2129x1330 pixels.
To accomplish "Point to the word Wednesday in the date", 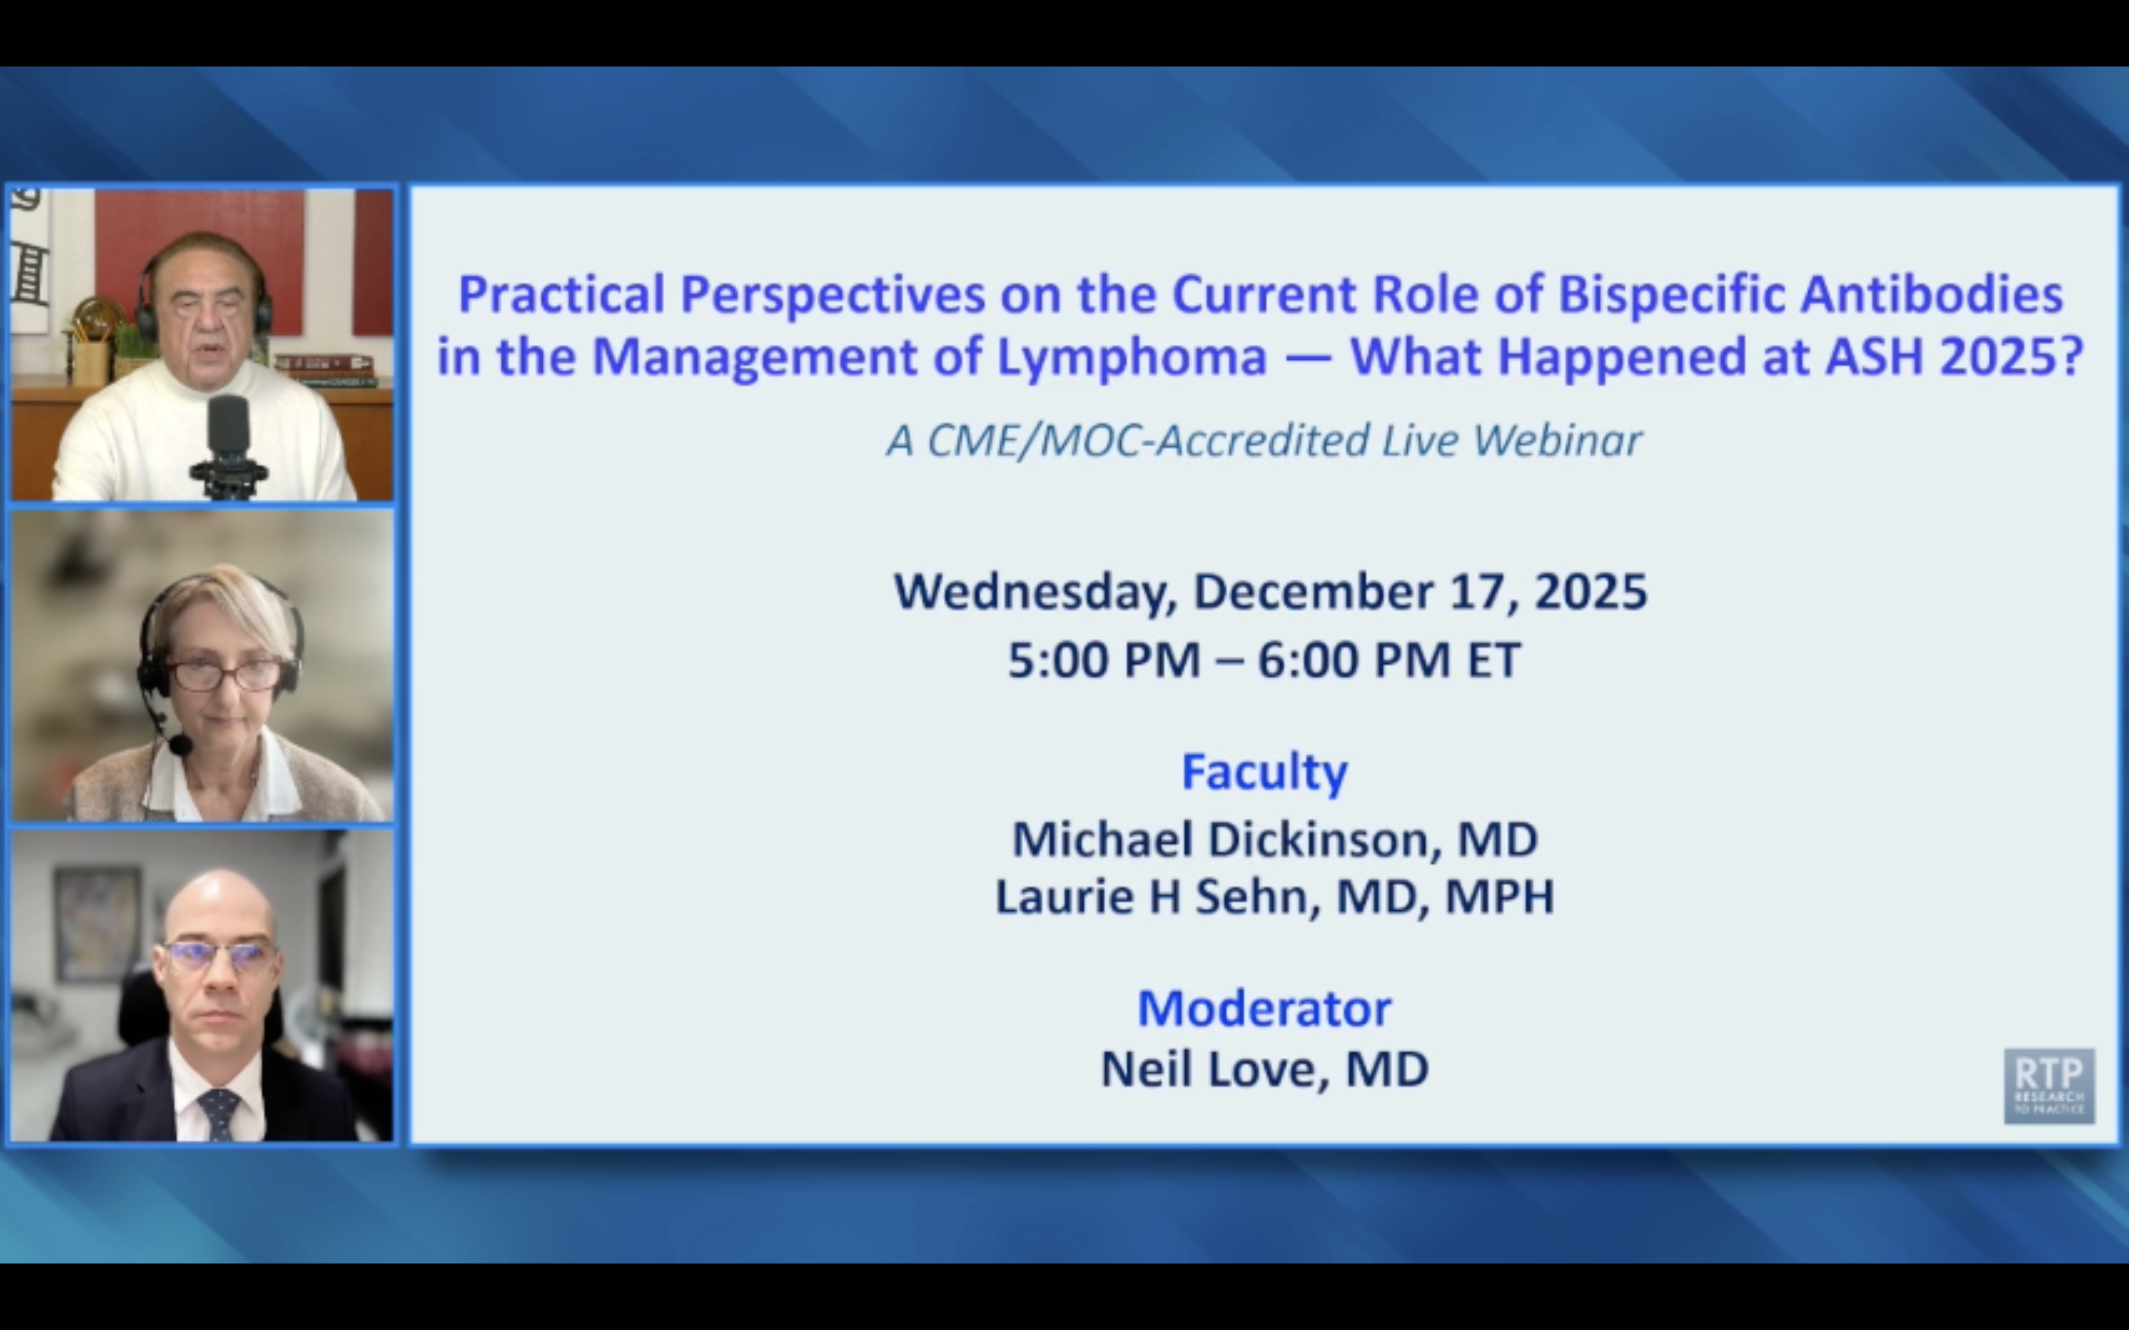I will (1035, 592).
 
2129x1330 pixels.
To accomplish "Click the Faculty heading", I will (1264, 772).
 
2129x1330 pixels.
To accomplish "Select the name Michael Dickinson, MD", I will (1274, 839).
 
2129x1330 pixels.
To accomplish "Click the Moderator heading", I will (1264, 1008).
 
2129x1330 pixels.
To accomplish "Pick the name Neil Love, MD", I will (1264, 1070).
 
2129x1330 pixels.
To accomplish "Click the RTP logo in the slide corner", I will (2048, 1085).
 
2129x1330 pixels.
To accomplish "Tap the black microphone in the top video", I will (228, 431).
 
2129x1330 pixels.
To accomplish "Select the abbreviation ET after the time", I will (1493, 660).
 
